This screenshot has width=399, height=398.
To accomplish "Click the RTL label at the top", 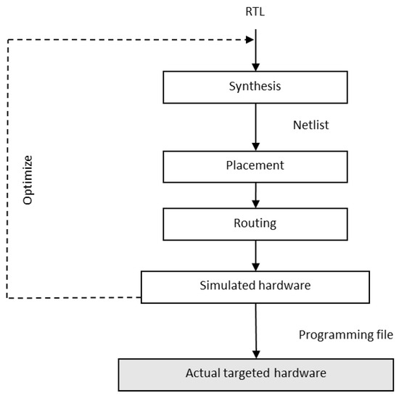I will pos(254,13).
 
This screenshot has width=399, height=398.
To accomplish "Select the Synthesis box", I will pos(255,87).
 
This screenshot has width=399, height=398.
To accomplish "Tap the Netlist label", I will pos(311,125).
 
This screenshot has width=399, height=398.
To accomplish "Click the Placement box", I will pos(255,166).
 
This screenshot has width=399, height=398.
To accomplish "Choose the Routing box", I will pos(255,223).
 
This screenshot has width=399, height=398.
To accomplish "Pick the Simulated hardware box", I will pos(255,286).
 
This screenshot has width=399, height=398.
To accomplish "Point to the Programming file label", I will pos(345,336).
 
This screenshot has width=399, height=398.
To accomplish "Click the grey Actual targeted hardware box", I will pos(255,373).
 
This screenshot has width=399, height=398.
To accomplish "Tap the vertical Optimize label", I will pos(28,178).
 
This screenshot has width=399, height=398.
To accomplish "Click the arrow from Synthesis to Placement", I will pos(255,126).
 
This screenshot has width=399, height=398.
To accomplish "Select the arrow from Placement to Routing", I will pos(255,195).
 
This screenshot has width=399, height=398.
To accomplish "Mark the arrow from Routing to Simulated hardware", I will pos(255,254).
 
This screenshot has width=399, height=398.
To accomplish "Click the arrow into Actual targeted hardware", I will pos(255,330).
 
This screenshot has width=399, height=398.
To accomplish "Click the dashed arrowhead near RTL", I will pos(247,39).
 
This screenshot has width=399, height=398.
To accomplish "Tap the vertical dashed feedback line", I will pos(7,167).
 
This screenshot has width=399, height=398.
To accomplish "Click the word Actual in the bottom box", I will pos(201,373).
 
